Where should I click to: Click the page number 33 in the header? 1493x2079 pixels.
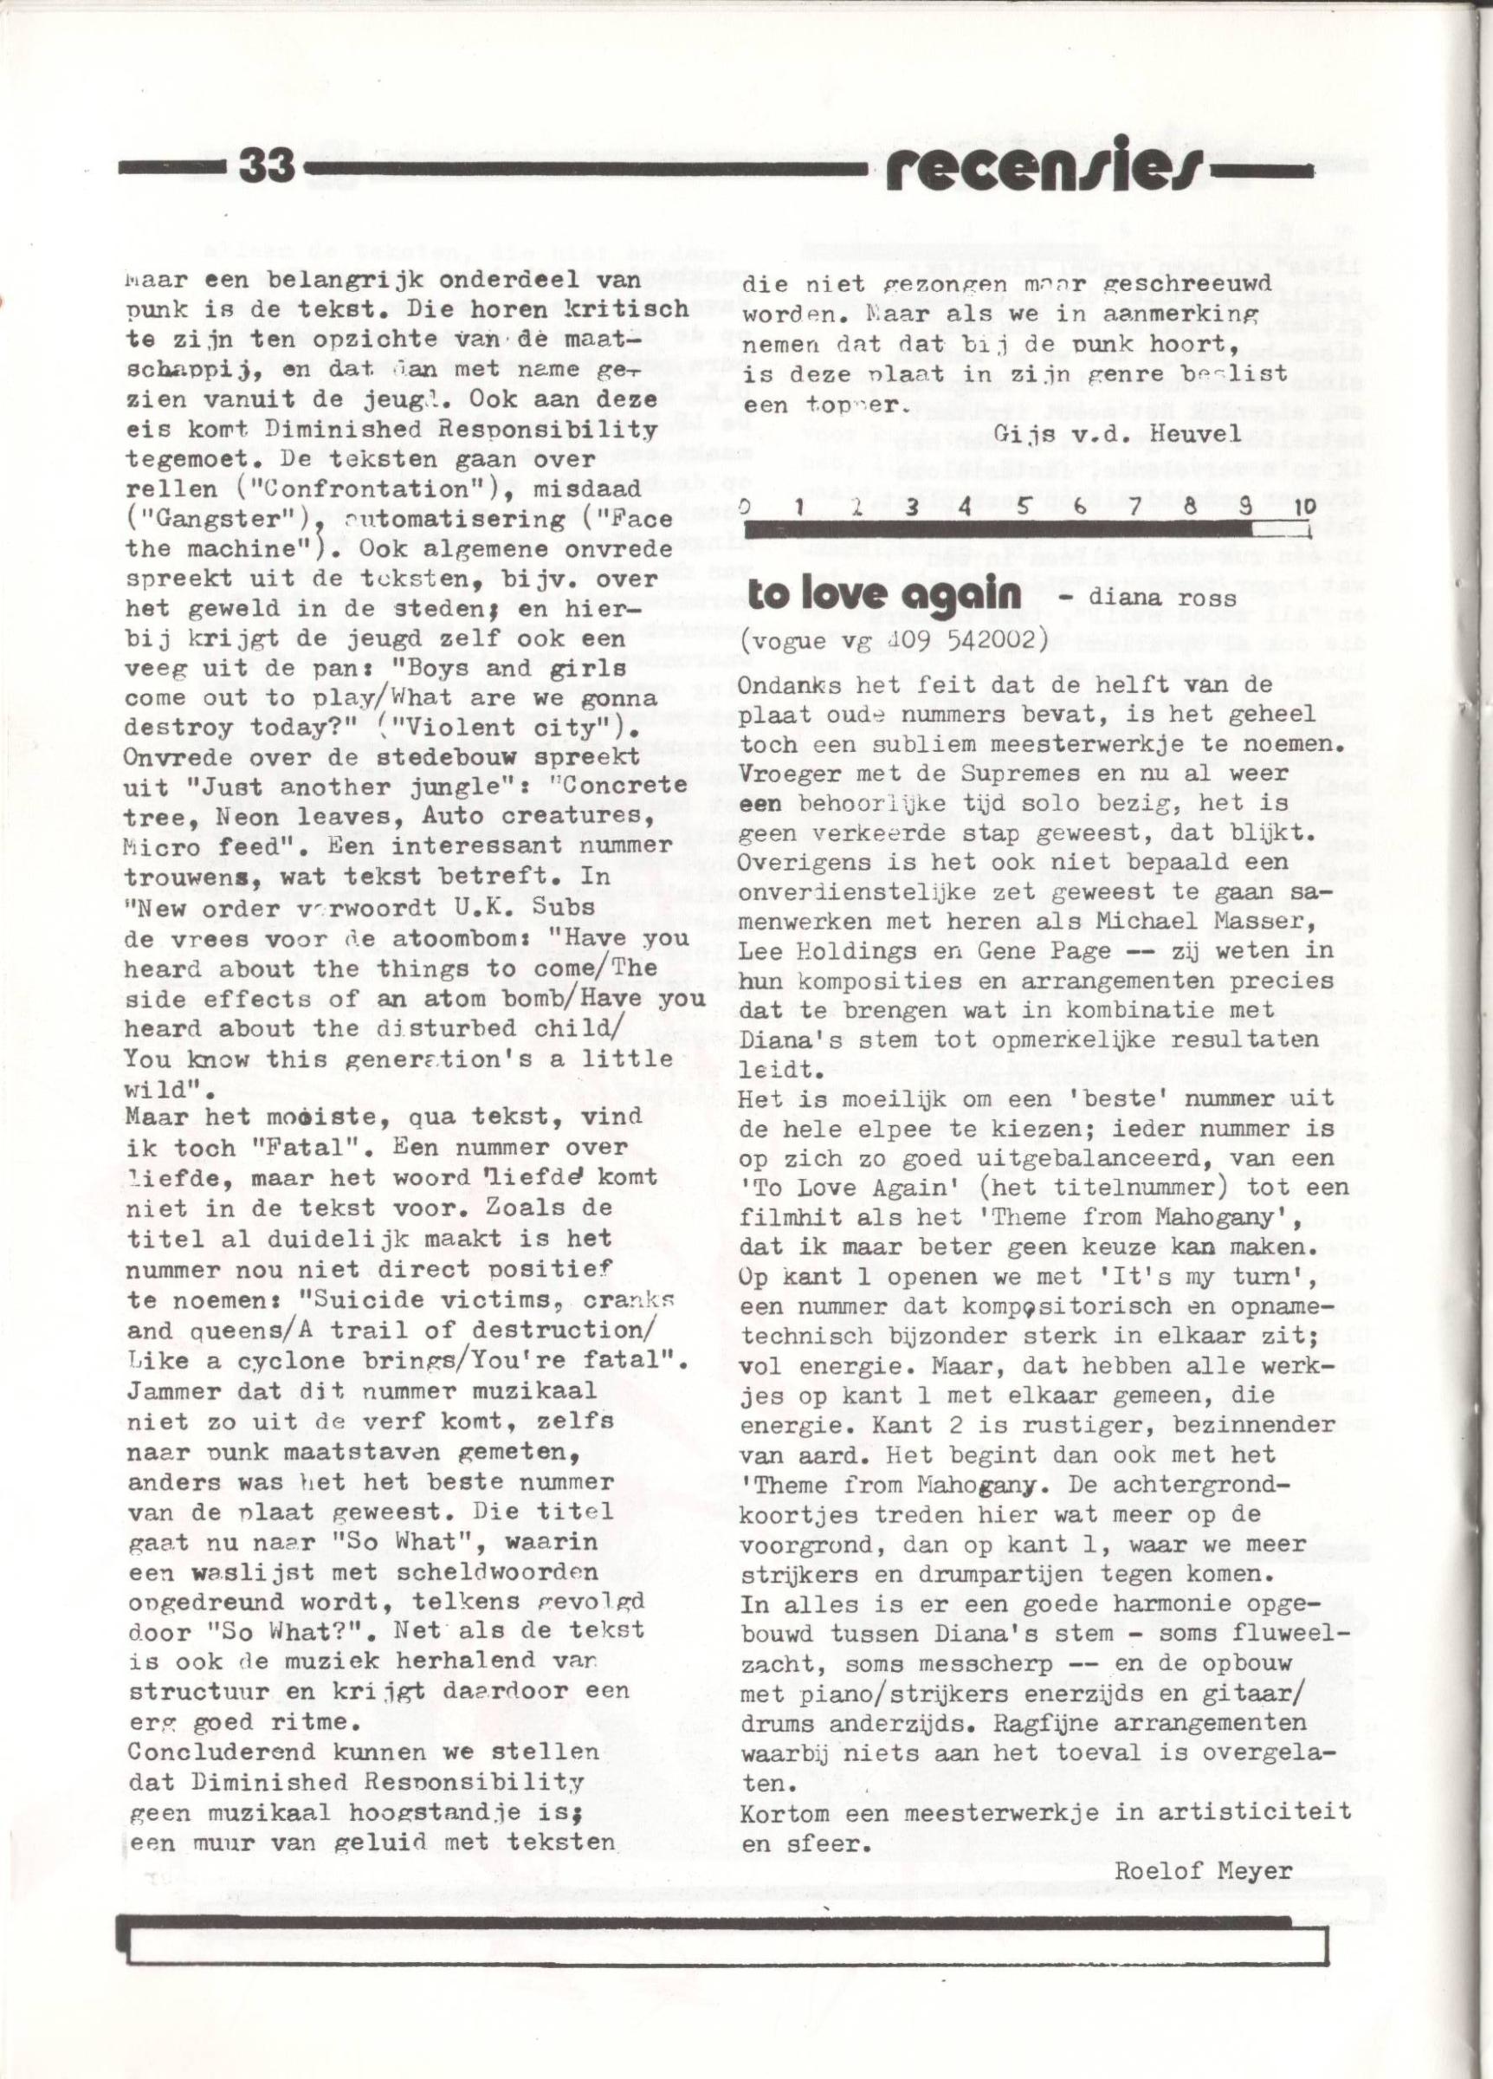[x=265, y=168]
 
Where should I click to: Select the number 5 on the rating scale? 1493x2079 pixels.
[x=1024, y=505]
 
